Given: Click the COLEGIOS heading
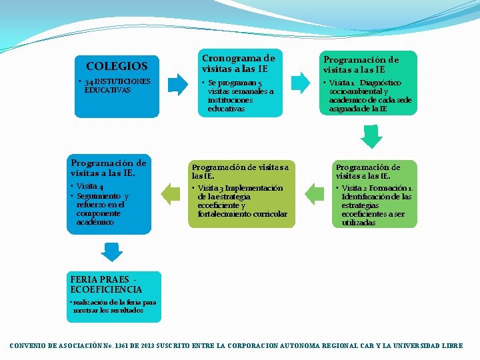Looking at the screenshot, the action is pyautogui.click(x=117, y=66).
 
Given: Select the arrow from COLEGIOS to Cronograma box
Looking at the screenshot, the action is pyautogui.click(x=178, y=83).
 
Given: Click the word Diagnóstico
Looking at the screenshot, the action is pyautogui.click(x=383, y=83).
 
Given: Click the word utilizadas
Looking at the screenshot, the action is pyautogui.click(x=359, y=223).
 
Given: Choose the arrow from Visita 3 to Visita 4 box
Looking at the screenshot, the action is pyautogui.click(x=171, y=194).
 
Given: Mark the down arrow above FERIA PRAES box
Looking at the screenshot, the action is pyautogui.click(x=112, y=251).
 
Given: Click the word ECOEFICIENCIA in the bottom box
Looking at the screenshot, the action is pyautogui.click(x=107, y=289).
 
